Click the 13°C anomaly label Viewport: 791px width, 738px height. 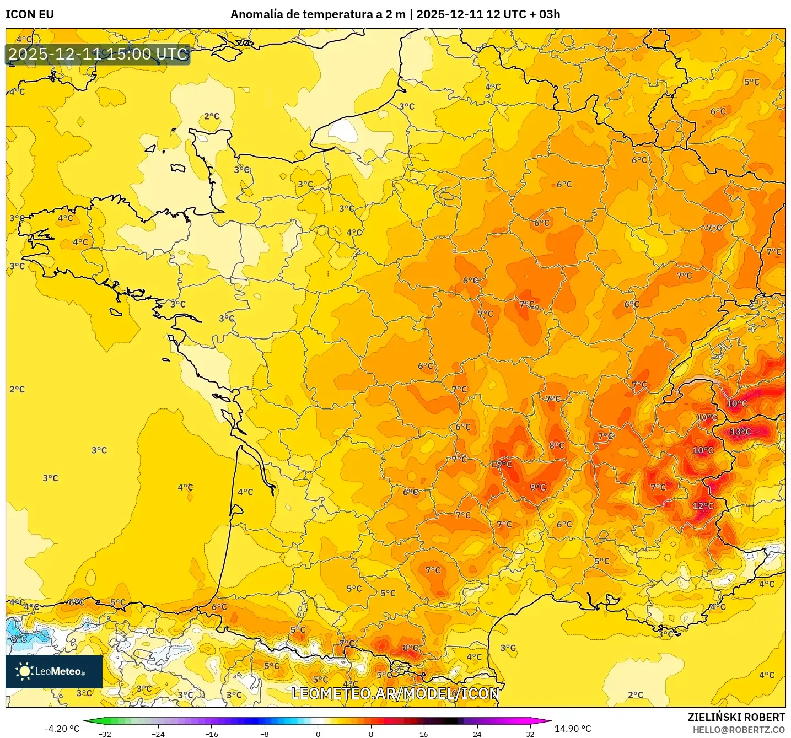pos(740,432)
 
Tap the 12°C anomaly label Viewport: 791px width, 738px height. pos(703,506)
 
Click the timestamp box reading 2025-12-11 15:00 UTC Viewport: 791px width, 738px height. pos(98,54)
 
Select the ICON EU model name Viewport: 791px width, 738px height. pos(30,14)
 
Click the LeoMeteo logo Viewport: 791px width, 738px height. pos(54,671)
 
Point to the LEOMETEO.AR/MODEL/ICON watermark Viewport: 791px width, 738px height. pos(395,693)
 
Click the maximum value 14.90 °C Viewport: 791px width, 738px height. pos(573,729)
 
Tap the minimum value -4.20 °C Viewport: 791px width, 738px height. pos(62,729)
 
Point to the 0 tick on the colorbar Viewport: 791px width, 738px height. pos(318,734)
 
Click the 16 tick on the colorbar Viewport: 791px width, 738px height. pos(423,734)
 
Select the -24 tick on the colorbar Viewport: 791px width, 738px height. pos(158,734)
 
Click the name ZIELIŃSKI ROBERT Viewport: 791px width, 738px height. pos(736,717)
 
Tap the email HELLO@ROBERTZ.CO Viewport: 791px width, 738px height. pos(739,730)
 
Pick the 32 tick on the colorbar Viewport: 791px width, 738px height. pos(530,734)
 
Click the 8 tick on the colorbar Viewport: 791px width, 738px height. pos(370,734)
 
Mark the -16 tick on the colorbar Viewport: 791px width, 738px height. pos(211,734)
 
